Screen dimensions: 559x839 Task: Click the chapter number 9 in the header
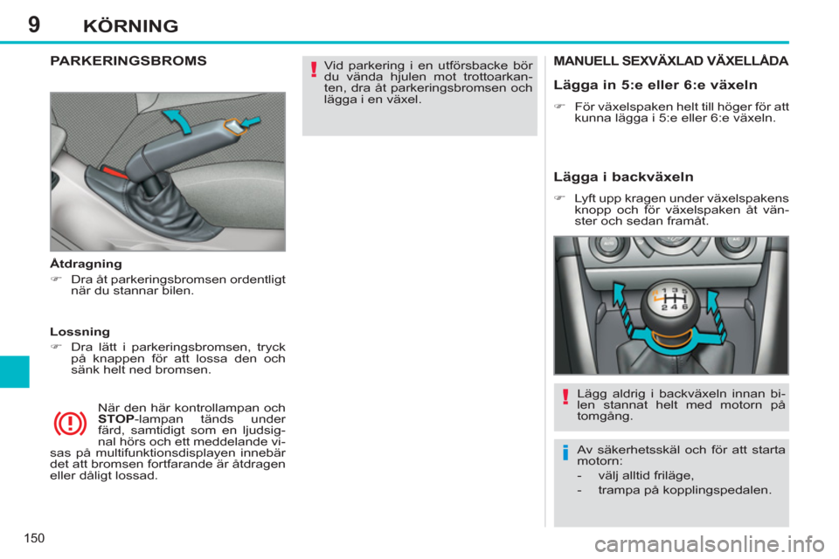click(34, 24)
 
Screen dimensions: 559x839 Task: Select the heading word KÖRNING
click(130, 25)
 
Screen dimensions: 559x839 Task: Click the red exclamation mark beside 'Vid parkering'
click(312, 75)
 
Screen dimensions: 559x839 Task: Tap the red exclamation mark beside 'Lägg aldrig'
click(565, 398)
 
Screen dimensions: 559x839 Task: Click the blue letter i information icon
click(565, 453)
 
